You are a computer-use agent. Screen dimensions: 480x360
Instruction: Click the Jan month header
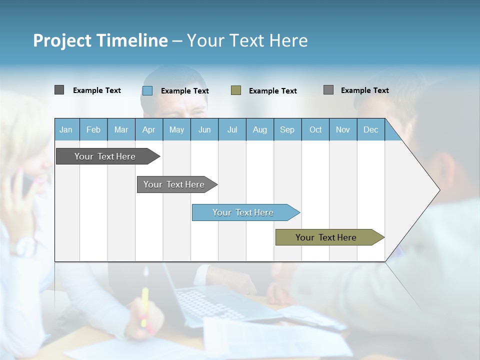[x=66, y=130]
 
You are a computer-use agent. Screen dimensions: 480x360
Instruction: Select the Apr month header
[x=148, y=130]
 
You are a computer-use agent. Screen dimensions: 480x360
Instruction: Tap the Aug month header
[x=259, y=130]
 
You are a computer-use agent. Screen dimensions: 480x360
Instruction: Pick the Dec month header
[x=370, y=130]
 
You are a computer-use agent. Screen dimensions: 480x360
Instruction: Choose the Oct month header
[x=315, y=130]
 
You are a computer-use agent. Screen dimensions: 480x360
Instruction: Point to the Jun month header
[x=204, y=130]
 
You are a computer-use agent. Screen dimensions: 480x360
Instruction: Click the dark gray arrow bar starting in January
[x=105, y=156]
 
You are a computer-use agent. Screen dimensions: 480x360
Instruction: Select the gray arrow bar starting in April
[x=174, y=184]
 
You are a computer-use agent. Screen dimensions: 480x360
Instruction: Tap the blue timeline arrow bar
[x=243, y=212]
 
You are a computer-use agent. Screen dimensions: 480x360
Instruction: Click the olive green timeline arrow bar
[x=326, y=237]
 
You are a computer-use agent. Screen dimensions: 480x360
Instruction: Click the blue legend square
[x=147, y=90]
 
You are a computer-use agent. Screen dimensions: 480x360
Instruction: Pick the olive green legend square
[x=236, y=90]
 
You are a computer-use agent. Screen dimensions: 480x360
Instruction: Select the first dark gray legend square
[x=59, y=90]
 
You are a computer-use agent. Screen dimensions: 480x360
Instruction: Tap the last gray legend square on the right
[x=328, y=90]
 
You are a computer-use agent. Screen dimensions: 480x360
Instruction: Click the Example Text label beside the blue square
[x=185, y=91]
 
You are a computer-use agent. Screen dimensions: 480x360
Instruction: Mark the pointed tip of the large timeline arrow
[x=438, y=190]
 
